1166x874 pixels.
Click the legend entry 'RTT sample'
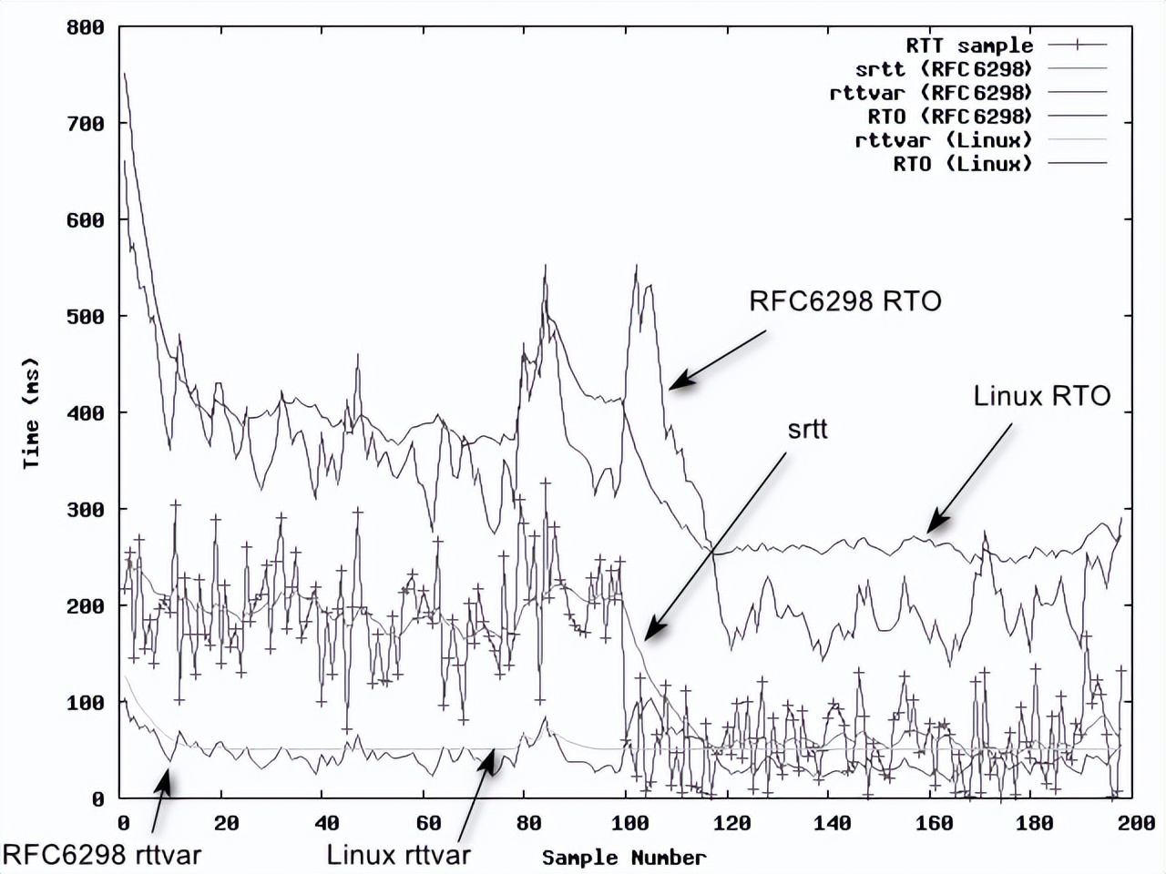969,46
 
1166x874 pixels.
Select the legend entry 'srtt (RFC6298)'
944,69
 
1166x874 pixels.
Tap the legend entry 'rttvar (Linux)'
944,140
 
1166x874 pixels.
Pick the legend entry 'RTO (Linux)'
963,164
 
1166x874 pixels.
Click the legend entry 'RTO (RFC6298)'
950,117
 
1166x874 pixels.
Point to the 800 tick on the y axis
86,27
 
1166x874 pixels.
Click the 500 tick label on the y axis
86,317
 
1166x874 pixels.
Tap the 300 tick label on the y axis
86,510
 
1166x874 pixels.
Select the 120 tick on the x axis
731,823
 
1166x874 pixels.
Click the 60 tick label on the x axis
428,823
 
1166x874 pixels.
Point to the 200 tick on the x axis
1136,823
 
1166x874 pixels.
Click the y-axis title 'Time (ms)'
32,413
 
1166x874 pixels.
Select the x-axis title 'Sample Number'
624,858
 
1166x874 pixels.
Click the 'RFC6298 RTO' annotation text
844,301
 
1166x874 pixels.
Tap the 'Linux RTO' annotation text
1042,396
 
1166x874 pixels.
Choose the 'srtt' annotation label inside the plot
807,429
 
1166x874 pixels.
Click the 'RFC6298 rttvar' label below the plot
102,855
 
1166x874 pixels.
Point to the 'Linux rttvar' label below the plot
398,855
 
